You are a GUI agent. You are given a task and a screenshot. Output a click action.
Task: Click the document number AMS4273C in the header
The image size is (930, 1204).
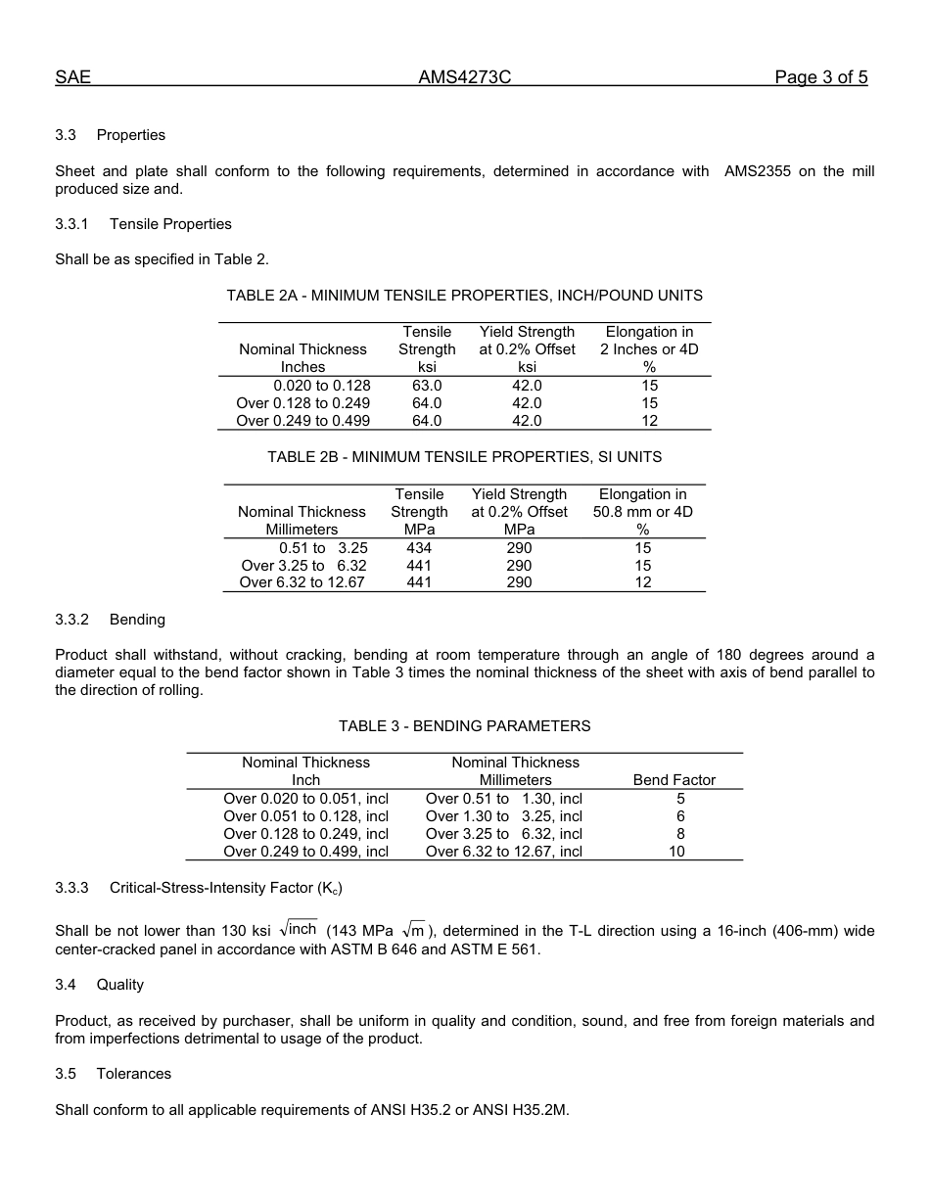(464, 78)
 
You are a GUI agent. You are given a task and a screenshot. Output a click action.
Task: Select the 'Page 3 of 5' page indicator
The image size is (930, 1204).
(820, 78)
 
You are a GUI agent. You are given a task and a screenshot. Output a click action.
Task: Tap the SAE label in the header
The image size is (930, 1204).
(72, 78)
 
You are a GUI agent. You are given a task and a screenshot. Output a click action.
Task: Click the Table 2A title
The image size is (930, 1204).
(464, 296)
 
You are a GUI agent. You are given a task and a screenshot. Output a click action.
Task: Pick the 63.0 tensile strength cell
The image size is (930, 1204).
(427, 386)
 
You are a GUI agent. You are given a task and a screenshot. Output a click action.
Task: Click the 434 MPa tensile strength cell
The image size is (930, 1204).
(419, 548)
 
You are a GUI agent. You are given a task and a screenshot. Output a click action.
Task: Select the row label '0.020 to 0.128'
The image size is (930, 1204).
(322, 386)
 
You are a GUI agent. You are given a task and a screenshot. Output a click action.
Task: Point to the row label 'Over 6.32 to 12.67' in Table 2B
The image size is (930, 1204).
(302, 582)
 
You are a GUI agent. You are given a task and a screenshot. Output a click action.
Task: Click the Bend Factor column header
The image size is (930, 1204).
(674, 780)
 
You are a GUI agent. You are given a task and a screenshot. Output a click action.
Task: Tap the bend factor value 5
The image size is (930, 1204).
(680, 799)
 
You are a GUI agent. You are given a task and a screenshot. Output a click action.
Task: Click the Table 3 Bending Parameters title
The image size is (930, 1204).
(464, 726)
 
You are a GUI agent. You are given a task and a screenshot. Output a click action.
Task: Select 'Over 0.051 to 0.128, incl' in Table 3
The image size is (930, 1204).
(305, 816)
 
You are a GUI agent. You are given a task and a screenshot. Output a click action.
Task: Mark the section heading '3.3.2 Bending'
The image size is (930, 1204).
(110, 620)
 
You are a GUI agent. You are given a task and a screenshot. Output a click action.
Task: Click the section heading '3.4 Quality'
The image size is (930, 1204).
(99, 985)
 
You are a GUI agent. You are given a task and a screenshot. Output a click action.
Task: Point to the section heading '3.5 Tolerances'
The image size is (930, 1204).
(113, 1074)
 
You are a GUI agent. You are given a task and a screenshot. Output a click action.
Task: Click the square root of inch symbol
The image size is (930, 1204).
(299, 929)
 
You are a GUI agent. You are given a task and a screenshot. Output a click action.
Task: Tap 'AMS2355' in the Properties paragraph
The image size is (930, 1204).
(757, 171)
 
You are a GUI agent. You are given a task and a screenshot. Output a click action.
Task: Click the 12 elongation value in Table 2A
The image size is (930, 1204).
(649, 421)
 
